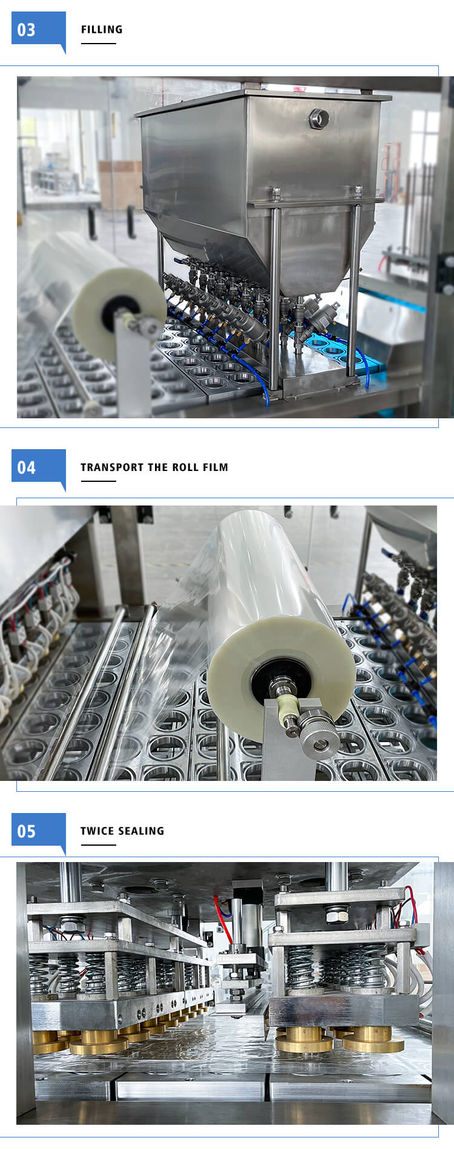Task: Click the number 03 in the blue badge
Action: coord(26,30)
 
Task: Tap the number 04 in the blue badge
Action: coord(26,467)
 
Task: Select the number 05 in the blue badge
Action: coord(26,831)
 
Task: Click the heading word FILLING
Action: coord(102,29)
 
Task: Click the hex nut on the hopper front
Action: coord(318,118)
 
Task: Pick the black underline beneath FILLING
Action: coord(98,44)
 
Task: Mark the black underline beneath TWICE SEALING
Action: coord(98,844)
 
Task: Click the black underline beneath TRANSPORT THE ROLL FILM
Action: coord(98,481)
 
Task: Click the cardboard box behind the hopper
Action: coord(120,185)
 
